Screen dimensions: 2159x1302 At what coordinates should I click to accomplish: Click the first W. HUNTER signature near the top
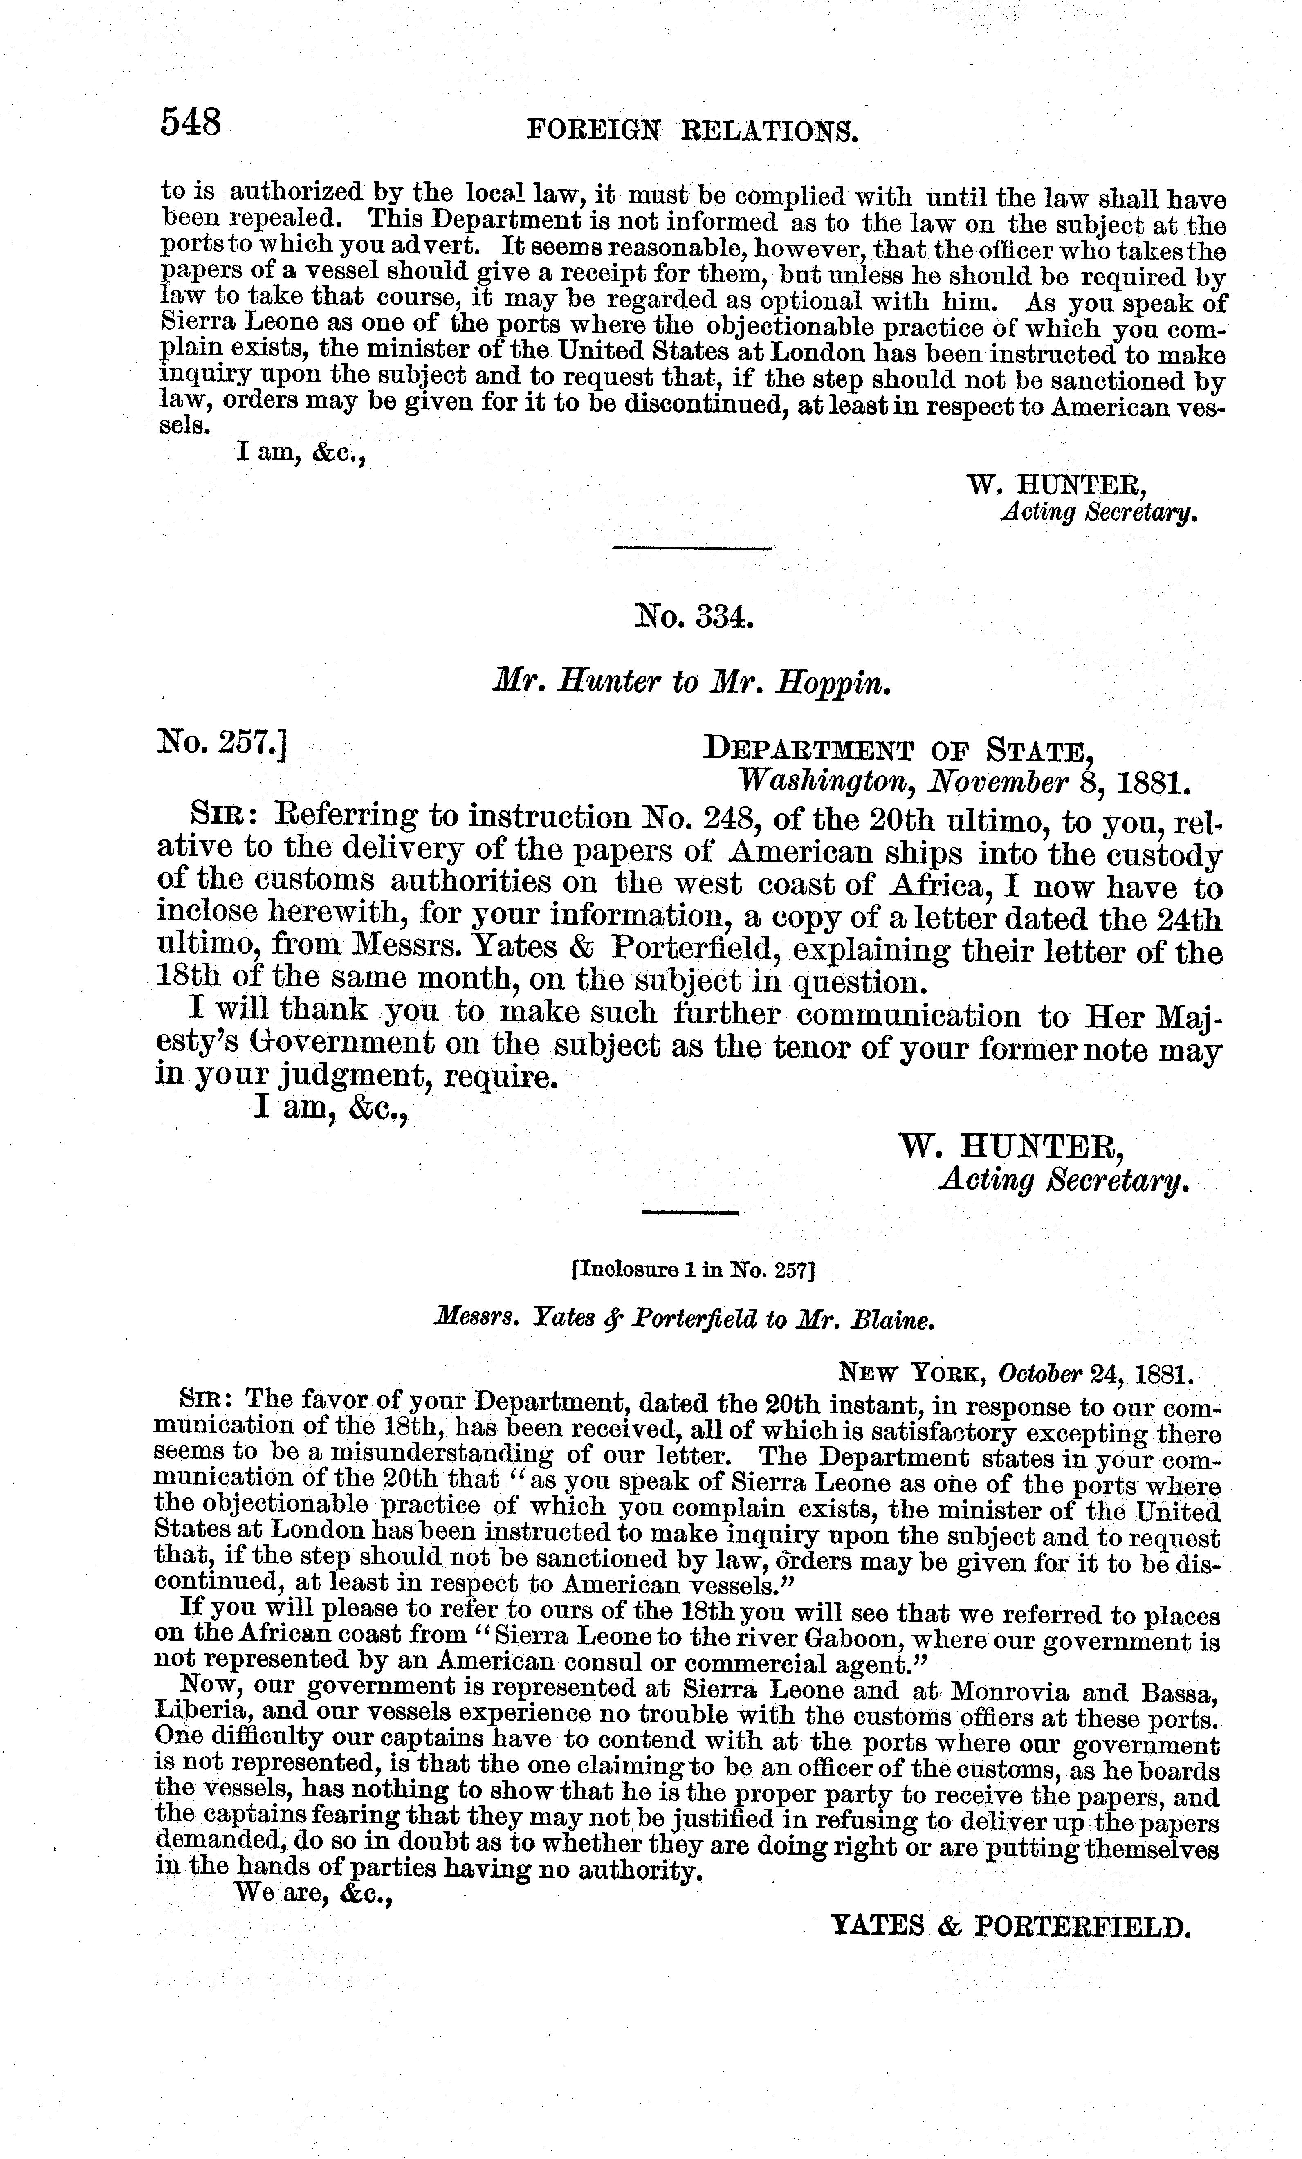coord(1055,483)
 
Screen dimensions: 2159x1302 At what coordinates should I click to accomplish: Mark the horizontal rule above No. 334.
coord(691,548)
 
